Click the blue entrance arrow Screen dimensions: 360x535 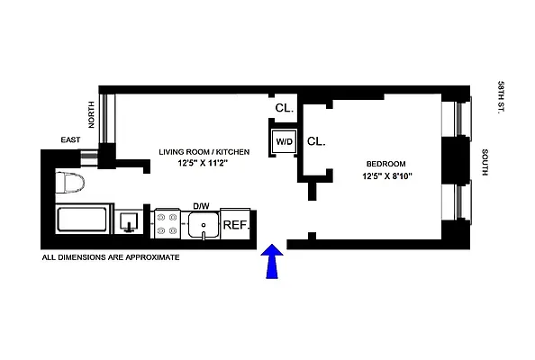(x=273, y=265)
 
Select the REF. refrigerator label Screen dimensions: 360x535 (x=235, y=224)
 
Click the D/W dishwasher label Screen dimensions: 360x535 (x=201, y=206)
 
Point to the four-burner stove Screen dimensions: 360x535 (x=168, y=223)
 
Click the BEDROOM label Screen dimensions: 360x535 (x=385, y=163)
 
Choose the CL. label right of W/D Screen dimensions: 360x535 (x=316, y=141)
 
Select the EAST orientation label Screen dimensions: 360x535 (x=71, y=140)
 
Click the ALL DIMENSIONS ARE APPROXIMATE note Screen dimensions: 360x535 (x=112, y=257)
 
